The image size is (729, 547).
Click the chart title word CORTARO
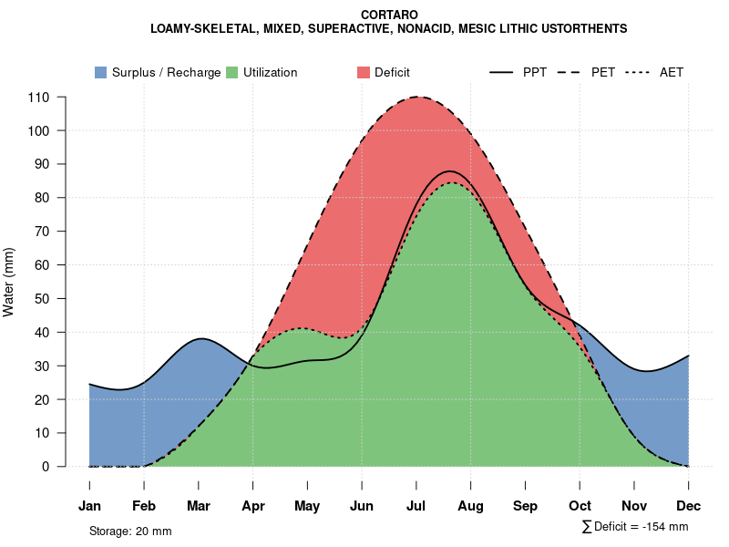coord(389,15)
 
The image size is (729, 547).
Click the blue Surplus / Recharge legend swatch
coord(100,72)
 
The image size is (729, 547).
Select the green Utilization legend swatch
coord(231,72)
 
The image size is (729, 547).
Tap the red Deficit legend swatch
coord(363,72)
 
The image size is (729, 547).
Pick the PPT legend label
coord(535,72)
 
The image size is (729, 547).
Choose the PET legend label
coord(602,72)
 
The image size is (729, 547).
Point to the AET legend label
coord(672,72)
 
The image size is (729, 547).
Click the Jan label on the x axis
coord(89,506)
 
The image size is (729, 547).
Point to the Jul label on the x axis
coord(416,506)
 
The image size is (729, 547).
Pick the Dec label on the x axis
coord(688,506)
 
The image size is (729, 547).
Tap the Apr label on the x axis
coord(252,506)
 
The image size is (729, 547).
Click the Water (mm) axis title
coord(9,282)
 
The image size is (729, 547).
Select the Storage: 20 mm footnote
coord(130,531)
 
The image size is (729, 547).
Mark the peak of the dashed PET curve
coord(418,97)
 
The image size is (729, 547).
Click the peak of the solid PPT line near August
coord(450,171)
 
